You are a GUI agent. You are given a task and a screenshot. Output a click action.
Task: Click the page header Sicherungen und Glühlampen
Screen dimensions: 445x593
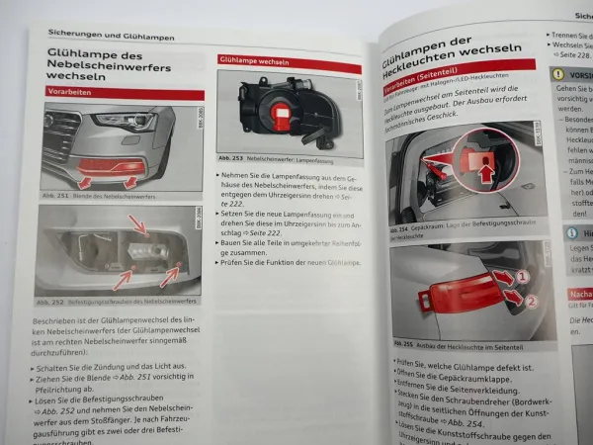[112, 36]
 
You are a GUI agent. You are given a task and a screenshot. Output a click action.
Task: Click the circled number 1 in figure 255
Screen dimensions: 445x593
[524, 276]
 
